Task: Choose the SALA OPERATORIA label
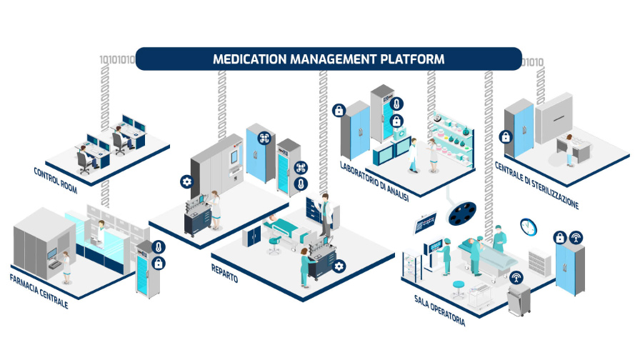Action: (439, 310)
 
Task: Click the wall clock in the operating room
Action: (528, 227)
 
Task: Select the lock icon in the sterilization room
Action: (505, 136)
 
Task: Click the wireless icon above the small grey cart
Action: (516, 277)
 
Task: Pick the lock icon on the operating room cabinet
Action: (561, 238)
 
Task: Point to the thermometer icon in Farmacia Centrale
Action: (159, 247)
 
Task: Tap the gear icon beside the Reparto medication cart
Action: (339, 266)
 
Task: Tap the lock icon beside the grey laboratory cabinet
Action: (339, 111)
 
